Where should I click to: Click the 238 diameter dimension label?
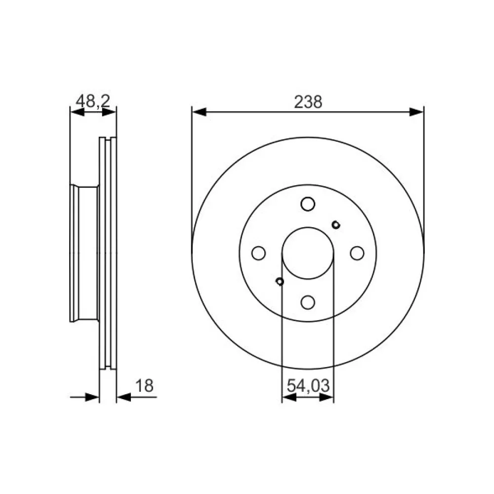click(308, 102)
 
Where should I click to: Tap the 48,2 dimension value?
click(93, 101)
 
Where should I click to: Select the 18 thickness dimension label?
click(144, 385)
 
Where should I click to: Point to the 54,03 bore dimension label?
click(308, 385)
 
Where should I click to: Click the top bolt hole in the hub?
click(308, 204)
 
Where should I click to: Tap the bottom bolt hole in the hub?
click(308, 302)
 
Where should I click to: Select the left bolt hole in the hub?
click(259, 253)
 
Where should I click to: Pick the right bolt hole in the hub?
click(357, 253)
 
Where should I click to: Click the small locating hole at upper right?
click(336, 225)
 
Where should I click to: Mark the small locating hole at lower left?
click(280, 282)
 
